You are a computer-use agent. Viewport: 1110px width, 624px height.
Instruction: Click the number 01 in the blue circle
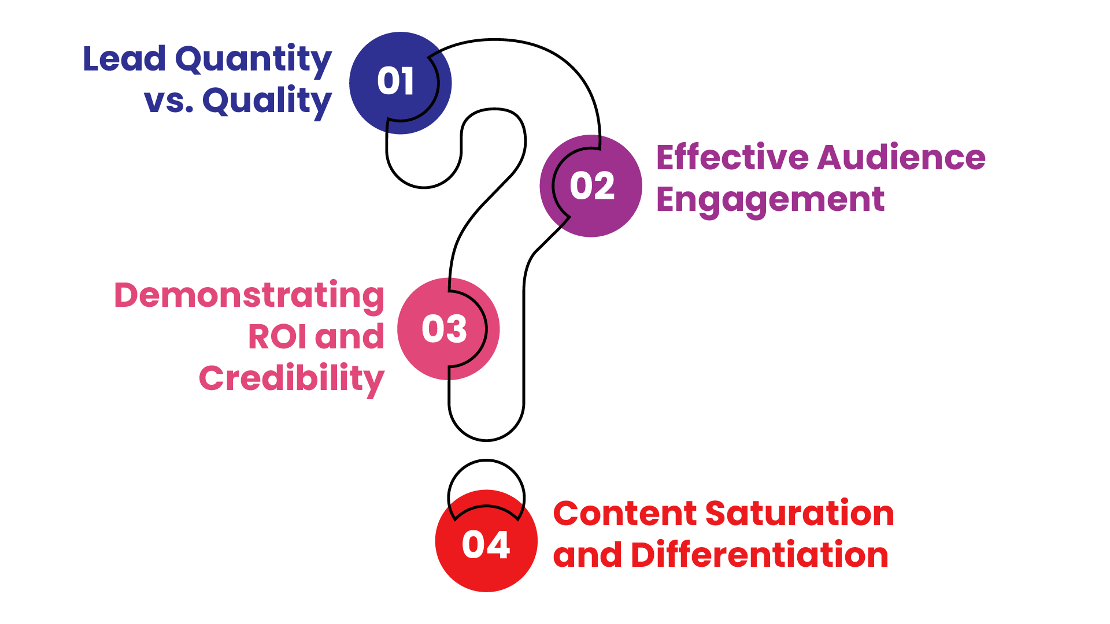(395, 81)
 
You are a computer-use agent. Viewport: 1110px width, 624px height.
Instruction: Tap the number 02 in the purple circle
(591, 186)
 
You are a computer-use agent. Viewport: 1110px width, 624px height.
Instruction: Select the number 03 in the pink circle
(444, 329)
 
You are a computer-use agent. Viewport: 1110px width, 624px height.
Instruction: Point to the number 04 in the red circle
(486, 544)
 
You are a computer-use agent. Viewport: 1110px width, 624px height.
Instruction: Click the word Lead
(124, 59)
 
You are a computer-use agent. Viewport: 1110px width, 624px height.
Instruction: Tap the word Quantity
(253, 60)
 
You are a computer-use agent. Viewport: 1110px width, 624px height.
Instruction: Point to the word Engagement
(770, 200)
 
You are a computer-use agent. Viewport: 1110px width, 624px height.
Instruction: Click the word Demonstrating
(249, 296)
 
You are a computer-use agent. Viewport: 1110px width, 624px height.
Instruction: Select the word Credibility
(291, 379)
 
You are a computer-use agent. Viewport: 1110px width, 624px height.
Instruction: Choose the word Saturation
(800, 513)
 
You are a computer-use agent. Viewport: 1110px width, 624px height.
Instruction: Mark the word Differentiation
(760, 555)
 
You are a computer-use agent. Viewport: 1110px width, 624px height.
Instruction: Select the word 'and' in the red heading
(587, 555)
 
